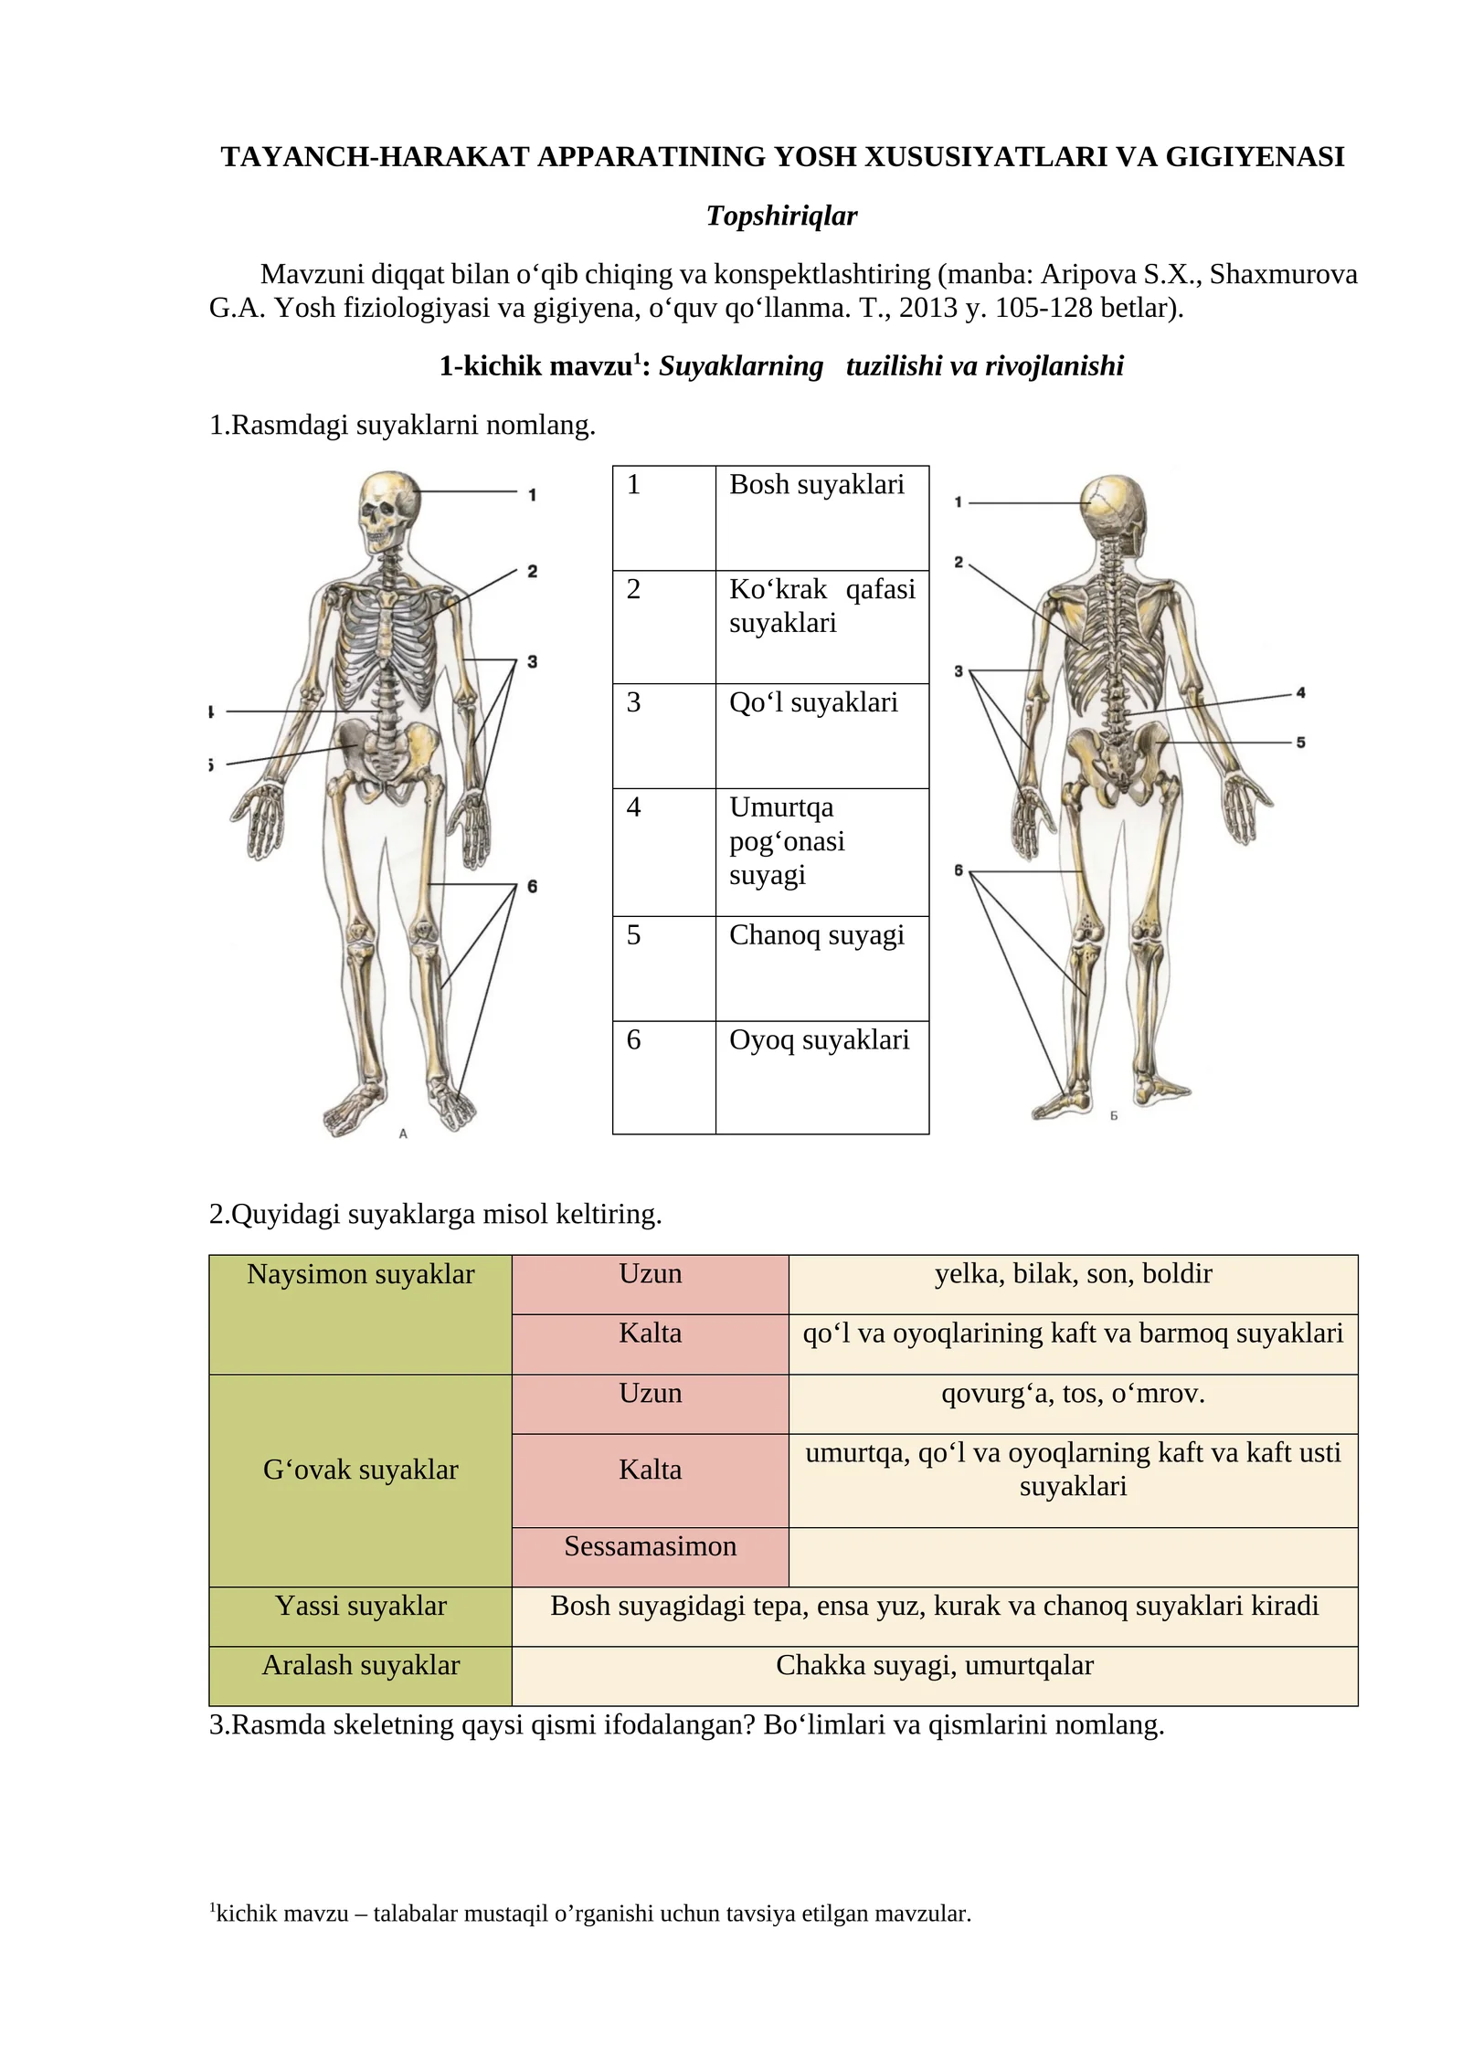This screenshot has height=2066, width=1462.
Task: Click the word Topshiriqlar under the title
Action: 781,216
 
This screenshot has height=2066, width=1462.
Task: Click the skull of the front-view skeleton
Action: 390,512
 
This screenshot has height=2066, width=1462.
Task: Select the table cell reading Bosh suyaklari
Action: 821,518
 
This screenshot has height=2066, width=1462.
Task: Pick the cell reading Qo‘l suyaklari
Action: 821,736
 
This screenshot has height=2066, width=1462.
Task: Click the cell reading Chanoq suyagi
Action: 821,968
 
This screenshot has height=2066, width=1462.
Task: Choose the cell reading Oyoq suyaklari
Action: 821,1078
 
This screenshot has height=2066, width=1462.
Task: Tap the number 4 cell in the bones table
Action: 664,852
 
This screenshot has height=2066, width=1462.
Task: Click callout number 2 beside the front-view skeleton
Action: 532,572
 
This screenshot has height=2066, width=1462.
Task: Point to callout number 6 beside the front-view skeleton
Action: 532,886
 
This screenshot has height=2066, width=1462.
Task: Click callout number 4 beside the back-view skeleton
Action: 1300,693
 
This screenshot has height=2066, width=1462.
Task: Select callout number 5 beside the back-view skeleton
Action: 1300,743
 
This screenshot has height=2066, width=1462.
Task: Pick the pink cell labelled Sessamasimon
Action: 651,1556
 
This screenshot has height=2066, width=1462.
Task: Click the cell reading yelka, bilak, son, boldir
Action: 1073,1285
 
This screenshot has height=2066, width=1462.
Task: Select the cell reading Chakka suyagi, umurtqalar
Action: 935,1676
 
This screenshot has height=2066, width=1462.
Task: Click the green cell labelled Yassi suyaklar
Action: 361,1617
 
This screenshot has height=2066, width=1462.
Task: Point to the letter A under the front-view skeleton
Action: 403,1133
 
